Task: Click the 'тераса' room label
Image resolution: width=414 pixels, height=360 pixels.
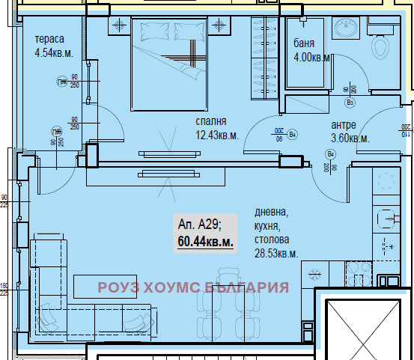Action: click(49, 39)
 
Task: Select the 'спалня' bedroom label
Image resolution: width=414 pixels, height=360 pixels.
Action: click(211, 121)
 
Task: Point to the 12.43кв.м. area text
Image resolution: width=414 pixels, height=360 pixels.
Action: click(217, 135)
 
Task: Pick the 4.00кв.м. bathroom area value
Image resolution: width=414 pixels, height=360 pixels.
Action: click(312, 57)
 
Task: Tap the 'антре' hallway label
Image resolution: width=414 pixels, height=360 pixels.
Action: click(344, 125)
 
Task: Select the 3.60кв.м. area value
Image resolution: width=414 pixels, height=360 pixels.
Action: click(350, 138)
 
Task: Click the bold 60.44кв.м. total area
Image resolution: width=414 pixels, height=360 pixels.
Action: click(205, 242)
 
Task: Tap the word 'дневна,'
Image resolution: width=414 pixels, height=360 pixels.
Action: click(270, 213)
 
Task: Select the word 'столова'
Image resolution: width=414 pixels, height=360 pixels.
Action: click(271, 240)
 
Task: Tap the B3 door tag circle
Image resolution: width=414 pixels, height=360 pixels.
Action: click(349, 103)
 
